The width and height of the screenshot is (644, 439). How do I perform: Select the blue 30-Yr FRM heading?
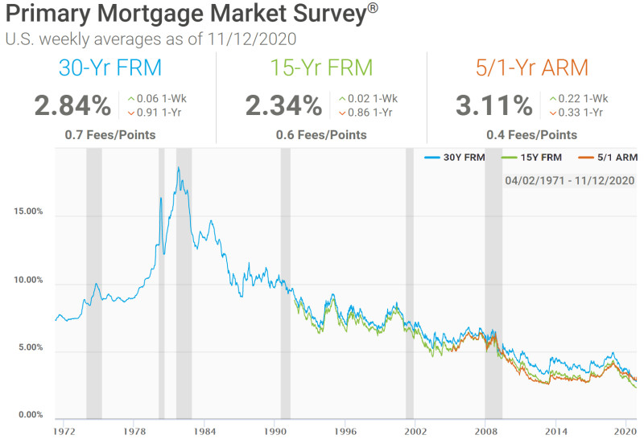point(109,68)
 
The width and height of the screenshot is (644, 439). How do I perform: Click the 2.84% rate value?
point(72,105)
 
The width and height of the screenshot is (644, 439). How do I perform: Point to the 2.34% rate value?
point(283,105)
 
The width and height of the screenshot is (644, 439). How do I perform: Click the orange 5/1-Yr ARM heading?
point(531,68)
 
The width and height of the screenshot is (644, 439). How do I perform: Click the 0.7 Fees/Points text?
point(110,135)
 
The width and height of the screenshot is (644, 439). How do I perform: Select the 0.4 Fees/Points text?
point(531,135)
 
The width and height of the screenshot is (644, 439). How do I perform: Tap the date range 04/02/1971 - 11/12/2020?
point(570,180)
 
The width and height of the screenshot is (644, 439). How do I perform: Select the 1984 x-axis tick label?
point(204,432)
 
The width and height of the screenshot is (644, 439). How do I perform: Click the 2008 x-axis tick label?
point(485,432)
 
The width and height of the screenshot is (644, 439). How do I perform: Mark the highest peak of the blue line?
point(178,167)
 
